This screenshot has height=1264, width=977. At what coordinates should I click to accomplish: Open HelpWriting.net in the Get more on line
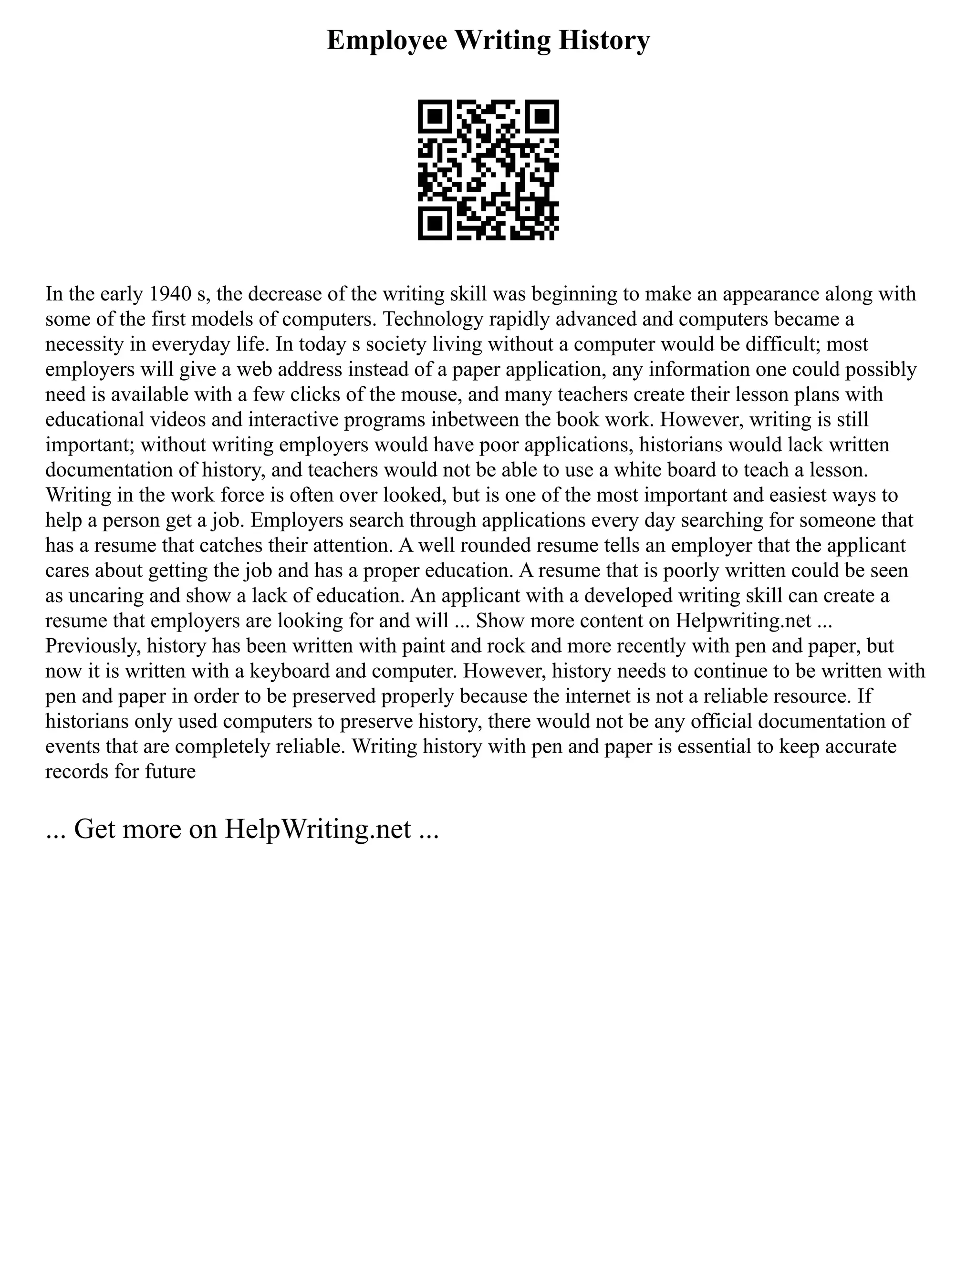[317, 829]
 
